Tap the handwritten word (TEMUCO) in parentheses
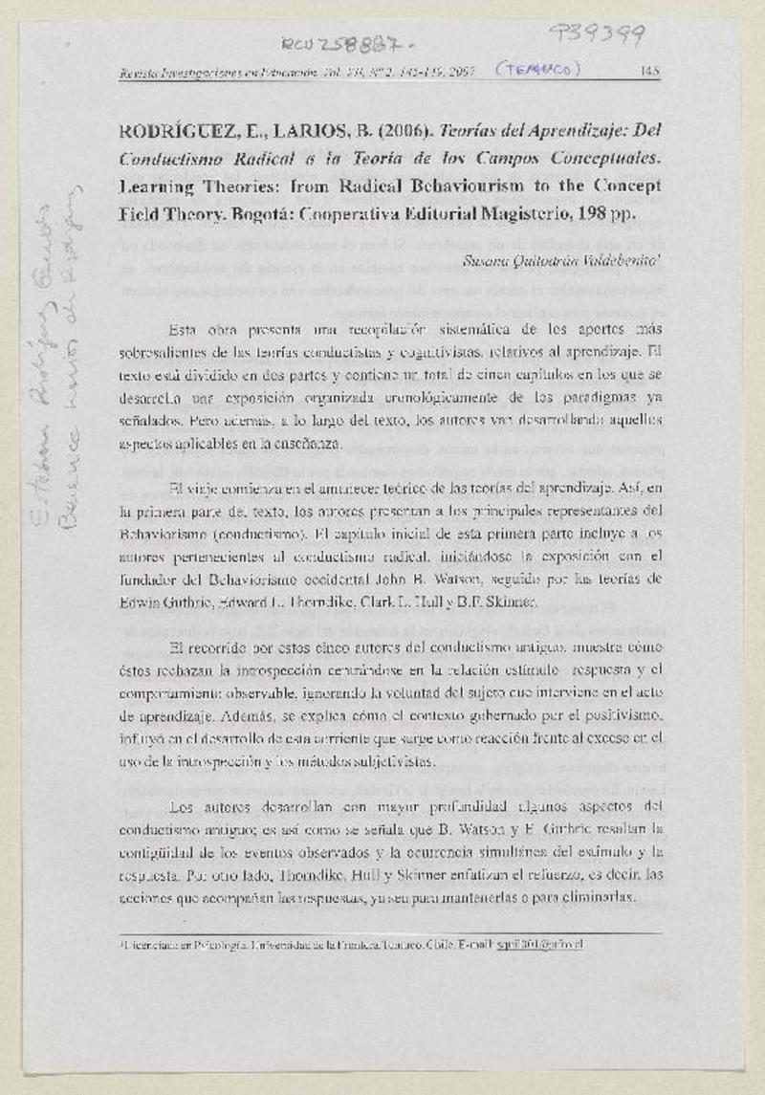(x=537, y=69)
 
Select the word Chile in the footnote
(x=443, y=944)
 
